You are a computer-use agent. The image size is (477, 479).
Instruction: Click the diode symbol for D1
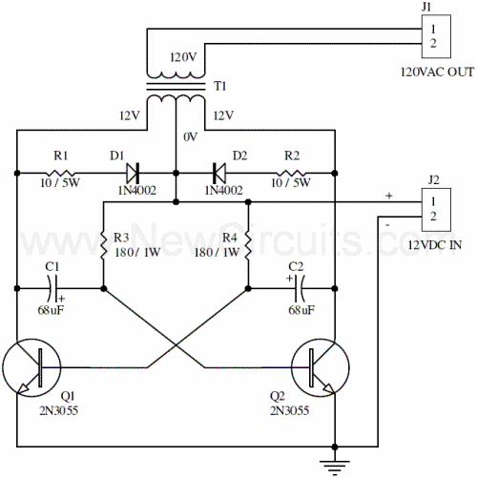(x=133, y=173)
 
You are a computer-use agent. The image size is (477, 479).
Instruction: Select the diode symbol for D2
(x=219, y=173)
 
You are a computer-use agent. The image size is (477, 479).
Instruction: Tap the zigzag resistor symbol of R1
(x=61, y=173)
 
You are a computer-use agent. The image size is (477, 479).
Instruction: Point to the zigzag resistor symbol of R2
(x=291, y=173)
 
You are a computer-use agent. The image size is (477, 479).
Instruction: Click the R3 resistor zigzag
(x=103, y=246)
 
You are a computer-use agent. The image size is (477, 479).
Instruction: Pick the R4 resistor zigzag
(x=248, y=246)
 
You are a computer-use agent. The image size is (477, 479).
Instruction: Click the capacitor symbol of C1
(x=52, y=288)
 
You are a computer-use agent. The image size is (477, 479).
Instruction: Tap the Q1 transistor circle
(x=31, y=367)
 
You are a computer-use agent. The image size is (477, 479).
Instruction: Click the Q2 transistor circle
(x=321, y=367)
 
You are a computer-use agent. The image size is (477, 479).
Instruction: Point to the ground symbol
(x=335, y=468)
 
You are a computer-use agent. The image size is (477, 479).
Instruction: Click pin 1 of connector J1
(x=433, y=29)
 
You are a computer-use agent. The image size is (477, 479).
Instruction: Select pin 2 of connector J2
(x=433, y=217)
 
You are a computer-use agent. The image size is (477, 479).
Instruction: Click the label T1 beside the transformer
(x=220, y=86)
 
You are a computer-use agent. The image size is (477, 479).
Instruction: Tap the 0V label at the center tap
(x=190, y=137)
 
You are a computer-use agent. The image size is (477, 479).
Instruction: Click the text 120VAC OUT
(x=437, y=72)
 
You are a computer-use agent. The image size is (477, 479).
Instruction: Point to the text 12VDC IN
(x=435, y=245)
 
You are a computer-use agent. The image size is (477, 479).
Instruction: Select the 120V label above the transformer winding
(x=183, y=57)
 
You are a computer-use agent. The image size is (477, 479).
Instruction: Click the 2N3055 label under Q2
(x=289, y=410)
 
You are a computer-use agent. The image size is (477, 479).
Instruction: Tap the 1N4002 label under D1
(x=137, y=190)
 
